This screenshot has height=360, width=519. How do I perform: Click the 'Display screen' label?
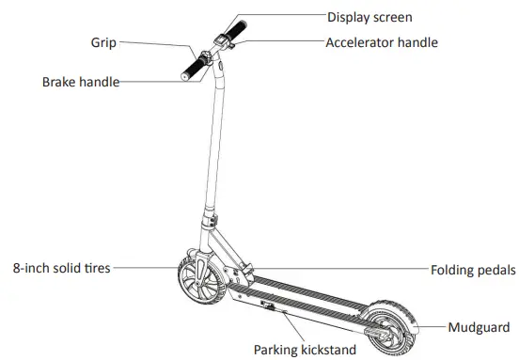(370, 16)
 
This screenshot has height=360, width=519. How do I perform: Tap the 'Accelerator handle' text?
(381, 42)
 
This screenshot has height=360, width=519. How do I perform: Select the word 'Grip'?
(104, 42)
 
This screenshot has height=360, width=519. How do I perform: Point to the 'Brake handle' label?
(81, 82)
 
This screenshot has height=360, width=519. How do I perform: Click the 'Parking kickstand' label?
(305, 350)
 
